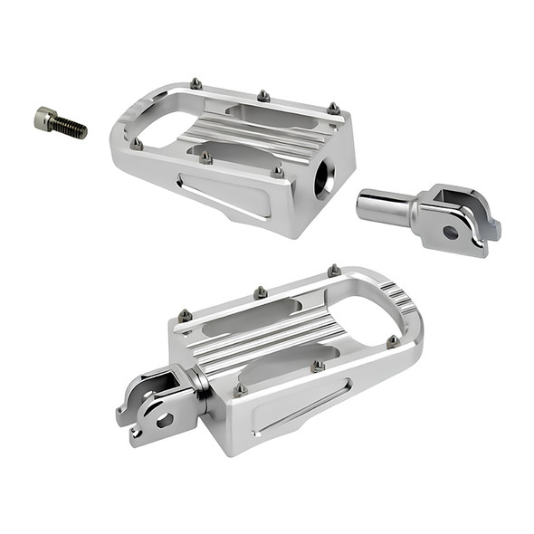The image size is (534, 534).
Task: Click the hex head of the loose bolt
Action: point(44,117)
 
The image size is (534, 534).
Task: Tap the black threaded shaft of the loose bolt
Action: point(70,128)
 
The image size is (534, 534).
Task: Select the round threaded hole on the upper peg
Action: point(323,177)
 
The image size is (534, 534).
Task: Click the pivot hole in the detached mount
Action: point(451,232)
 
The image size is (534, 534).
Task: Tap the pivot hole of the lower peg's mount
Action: point(164,420)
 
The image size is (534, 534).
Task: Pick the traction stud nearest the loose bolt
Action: point(137,143)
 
